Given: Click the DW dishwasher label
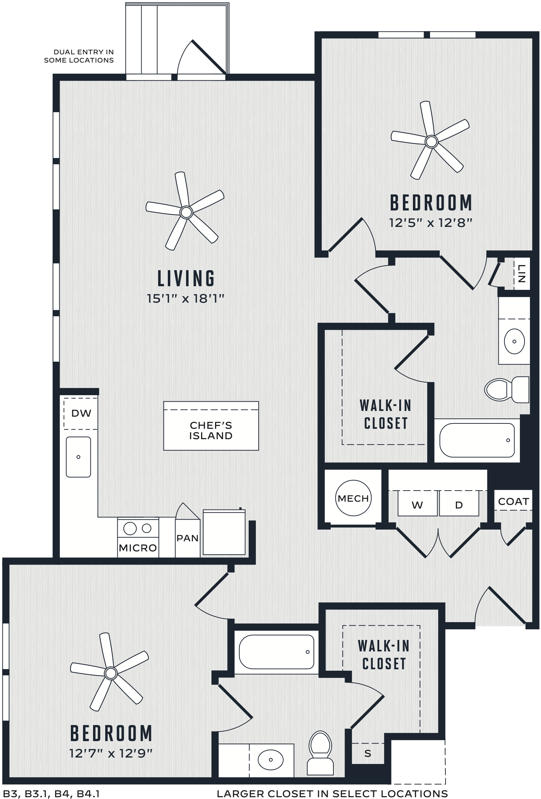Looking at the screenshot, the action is pos(81,413).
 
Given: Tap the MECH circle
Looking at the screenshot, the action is pos(353,498).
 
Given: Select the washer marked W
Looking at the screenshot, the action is pos(418,503).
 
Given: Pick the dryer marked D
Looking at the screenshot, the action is pos(459,503).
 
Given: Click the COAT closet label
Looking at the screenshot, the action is pos(513,502).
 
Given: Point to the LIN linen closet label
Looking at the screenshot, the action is pos(522,274).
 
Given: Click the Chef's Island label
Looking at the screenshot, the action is pos(211,431).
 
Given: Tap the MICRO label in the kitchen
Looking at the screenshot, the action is pos(138,548).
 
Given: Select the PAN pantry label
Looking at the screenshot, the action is pos(187,538).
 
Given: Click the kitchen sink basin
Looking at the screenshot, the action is pos(78,457).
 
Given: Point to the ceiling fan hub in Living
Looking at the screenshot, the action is pos(186,212).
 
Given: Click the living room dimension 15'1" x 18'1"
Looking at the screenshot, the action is pos(186,298).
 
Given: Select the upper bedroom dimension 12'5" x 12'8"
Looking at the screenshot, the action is pos(431,223).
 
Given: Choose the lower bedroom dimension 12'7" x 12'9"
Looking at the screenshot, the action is pos(111,753).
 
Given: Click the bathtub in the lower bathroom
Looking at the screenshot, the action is pos(276,651).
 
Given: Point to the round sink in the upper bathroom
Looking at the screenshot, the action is pos(515,341).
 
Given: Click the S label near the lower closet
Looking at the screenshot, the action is pos(368,753).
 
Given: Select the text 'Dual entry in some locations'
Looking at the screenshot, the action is pos(79,56).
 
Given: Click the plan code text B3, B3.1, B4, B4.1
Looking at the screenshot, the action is pos(51,794).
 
